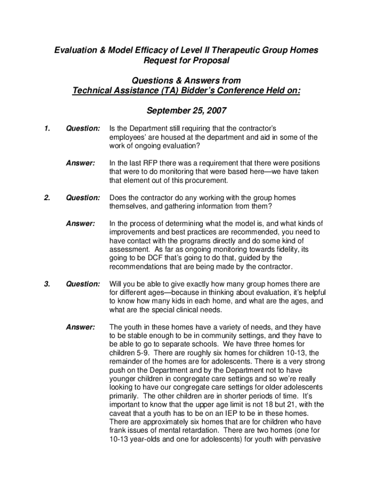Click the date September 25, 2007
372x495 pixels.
pos(186,111)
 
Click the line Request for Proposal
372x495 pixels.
pos(186,60)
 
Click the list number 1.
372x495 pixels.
pos(46,129)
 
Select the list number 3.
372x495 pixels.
pos(46,284)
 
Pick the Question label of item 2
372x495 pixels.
pos(83,198)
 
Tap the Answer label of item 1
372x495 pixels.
pos(80,163)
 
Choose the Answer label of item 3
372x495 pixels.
pos(80,327)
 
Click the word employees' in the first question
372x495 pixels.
pos(129,137)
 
